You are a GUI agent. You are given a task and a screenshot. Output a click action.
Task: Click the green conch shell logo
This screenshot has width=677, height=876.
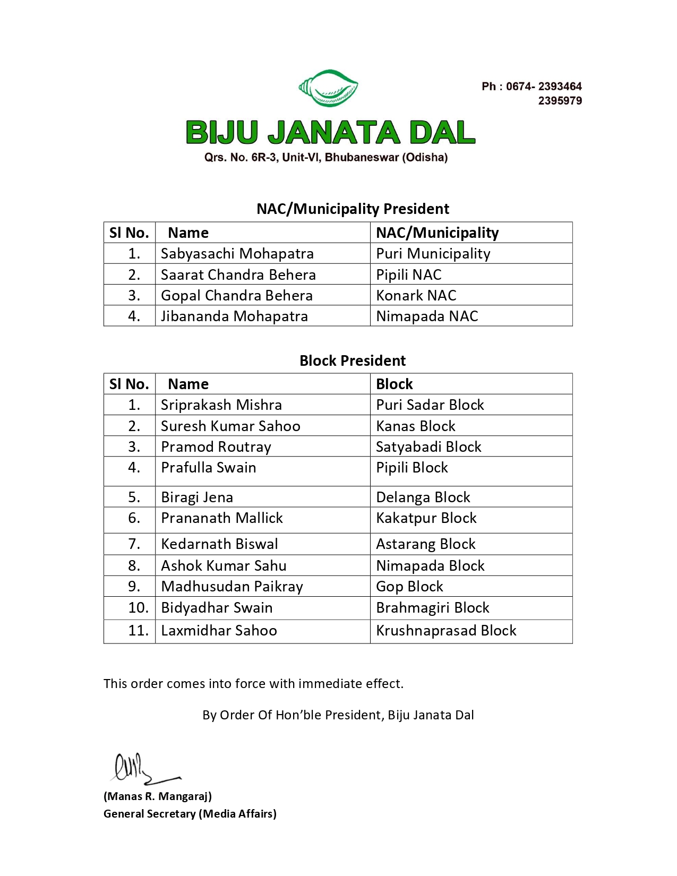[328, 88]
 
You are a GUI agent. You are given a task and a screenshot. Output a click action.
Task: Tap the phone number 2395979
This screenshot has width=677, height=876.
[560, 101]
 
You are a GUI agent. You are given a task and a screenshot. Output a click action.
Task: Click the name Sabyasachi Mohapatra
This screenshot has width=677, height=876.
[237, 254]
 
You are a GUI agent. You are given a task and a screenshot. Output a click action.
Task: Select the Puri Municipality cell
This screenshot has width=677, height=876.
[433, 254]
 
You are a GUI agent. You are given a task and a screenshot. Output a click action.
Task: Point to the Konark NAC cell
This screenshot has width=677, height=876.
[416, 295]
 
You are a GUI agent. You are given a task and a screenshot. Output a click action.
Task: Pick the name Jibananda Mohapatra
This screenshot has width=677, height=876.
[234, 316]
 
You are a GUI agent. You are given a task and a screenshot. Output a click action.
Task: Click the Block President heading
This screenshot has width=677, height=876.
[352, 360]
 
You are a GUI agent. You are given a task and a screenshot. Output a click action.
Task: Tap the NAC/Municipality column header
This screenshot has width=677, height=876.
[437, 233]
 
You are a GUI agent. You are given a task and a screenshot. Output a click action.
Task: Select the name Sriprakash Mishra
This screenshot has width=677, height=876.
[221, 405]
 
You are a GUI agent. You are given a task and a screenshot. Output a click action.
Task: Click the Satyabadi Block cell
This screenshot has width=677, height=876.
[429, 447]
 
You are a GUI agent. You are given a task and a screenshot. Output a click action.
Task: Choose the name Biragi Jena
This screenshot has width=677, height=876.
[196, 497]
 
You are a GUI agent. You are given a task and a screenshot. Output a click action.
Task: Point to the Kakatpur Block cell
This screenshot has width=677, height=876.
[426, 518]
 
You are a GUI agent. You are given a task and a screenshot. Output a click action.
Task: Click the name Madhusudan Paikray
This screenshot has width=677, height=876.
[232, 587]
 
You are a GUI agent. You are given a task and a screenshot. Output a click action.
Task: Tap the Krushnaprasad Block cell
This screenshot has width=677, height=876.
[446, 631]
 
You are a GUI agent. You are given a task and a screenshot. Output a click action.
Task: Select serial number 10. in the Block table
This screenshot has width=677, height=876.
[138, 608]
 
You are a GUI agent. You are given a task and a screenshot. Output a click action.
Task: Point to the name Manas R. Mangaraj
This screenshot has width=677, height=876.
[158, 796]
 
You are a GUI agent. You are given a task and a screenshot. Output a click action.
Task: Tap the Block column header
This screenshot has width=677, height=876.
[394, 384]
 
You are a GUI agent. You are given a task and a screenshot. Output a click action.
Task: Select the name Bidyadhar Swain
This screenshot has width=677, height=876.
[217, 608]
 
